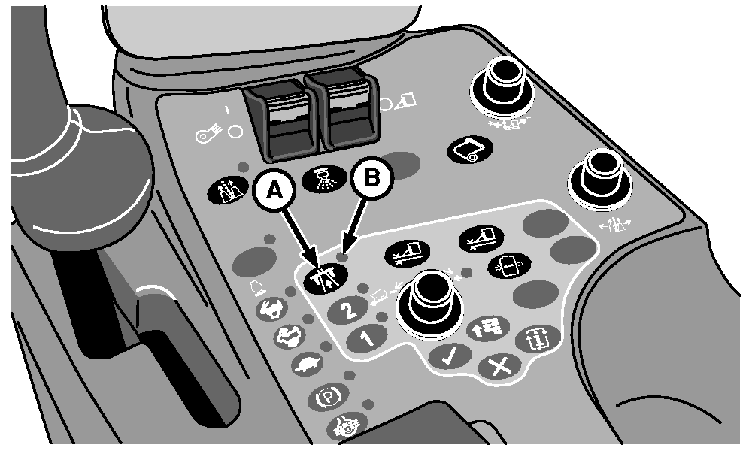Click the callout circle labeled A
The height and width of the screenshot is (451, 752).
(274, 190)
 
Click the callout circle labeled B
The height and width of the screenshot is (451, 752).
(371, 178)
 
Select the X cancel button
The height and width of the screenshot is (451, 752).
(499, 368)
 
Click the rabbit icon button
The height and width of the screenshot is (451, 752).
(272, 310)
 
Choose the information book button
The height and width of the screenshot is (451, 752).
(538, 339)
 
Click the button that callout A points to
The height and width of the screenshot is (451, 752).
(326, 277)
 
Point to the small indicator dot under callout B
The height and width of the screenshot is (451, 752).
(342, 257)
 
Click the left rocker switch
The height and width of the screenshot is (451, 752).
(280, 120)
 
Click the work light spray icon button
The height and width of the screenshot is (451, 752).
(324, 179)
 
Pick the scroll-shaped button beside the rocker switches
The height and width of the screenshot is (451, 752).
(470, 150)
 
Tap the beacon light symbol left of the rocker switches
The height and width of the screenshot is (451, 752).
(207, 135)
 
